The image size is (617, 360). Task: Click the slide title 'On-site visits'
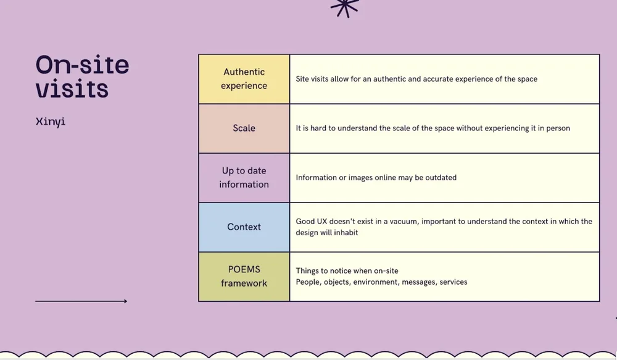pyautogui.click(x=82, y=77)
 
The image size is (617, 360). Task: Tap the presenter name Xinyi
pyautogui.click(x=51, y=121)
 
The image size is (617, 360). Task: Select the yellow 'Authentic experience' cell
pyautogui.click(x=244, y=79)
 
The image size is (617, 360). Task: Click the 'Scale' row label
pyautogui.click(x=244, y=128)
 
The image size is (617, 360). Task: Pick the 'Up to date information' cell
pyautogui.click(x=244, y=178)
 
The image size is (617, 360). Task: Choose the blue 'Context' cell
pyautogui.click(x=244, y=227)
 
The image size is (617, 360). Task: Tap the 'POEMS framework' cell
pyautogui.click(x=244, y=277)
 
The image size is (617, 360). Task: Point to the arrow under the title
pyautogui.click(x=81, y=301)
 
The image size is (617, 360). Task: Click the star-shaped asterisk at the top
pyautogui.click(x=344, y=7)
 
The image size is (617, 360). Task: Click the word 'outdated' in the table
pyautogui.click(x=441, y=178)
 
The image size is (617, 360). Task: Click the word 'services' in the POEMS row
pyautogui.click(x=453, y=282)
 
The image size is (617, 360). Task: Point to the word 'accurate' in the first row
pyautogui.click(x=438, y=79)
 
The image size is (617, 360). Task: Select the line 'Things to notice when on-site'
pyautogui.click(x=347, y=271)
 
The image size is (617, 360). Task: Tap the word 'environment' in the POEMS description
pyautogui.click(x=375, y=282)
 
